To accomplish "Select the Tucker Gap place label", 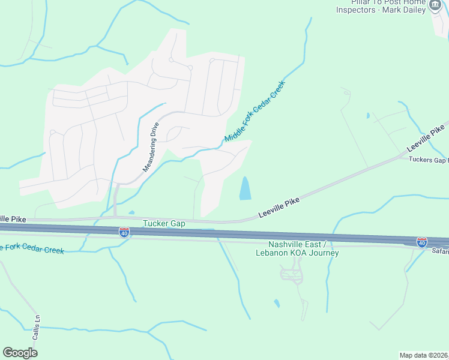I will tap(164, 223).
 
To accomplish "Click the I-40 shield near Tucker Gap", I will tap(124, 232).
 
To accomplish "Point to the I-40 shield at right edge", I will tap(422, 242).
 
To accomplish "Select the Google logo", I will tap(20, 353).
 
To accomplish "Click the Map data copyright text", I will tap(423, 355).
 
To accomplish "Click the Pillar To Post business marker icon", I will tap(436, 5).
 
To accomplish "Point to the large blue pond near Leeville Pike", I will tap(246, 188).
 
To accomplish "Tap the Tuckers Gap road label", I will tap(428, 160).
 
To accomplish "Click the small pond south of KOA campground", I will tap(276, 303).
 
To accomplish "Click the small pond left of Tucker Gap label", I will tap(131, 212).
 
